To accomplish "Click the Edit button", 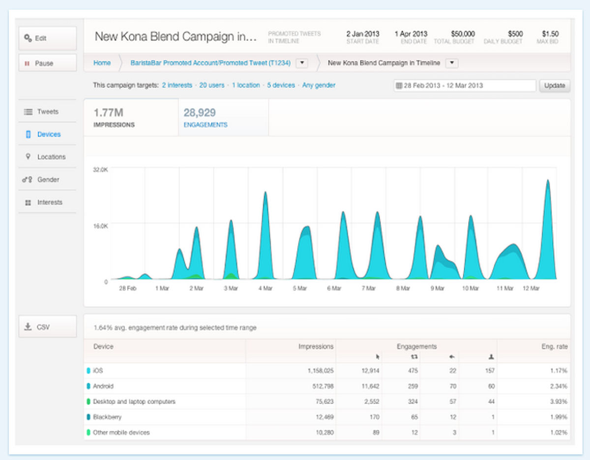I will click(47, 38).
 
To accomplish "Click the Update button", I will click(555, 85).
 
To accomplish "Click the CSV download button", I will click(47, 327).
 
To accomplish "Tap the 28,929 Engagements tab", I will click(206, 117).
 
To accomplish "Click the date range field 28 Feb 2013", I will click(464, 86).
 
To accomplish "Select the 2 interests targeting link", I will click(177, 85).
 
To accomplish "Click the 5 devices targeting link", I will click(281, 85).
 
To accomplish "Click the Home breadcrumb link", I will click(102, 63).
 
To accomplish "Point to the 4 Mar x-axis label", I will click(265, 288).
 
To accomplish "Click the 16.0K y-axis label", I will click(100, 226).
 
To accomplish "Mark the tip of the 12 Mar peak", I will click(548, 180).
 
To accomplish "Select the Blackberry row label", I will click(107, 417).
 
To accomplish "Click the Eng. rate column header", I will click(554, 346).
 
